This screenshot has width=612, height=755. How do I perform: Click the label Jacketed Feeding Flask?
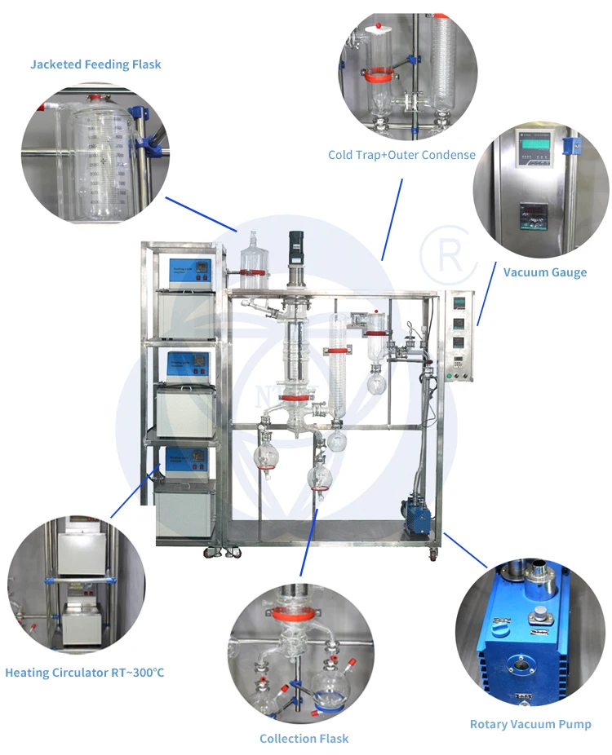[95, 64]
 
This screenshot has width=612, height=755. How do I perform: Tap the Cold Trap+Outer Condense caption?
[401, 155]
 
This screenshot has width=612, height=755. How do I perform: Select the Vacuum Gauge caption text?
[544, 272]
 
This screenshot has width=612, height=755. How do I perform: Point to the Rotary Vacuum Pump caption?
[530, 724]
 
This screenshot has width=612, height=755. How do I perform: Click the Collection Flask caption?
[304, 739]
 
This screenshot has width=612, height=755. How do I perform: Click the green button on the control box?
[449, 376]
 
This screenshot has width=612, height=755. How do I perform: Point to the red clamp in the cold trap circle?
[376, 79]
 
